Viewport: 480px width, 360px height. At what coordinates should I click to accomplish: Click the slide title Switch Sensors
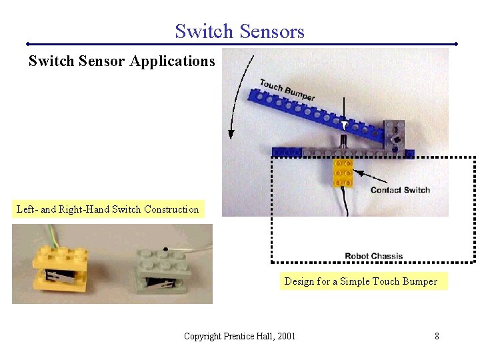coord(239,31)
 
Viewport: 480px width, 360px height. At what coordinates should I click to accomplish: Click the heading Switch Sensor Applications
coord(121,61)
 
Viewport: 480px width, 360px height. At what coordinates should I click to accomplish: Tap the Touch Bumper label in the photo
coord(287,90)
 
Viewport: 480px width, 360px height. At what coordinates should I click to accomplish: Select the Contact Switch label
coord(400,190)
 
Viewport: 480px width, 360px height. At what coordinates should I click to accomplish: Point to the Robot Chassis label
coord(373,256)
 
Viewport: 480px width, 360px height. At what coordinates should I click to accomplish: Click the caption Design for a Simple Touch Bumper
coord(361,281)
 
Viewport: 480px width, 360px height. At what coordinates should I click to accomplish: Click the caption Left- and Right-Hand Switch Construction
coord(107,209)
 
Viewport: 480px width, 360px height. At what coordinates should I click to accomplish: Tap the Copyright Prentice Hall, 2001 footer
coord(239,336)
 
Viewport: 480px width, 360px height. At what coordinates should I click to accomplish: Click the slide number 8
coord(437,336)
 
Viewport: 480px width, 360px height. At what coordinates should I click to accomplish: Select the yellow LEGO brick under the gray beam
coord(343,173)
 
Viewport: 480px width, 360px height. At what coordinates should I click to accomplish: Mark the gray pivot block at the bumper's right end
coord(395,136)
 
